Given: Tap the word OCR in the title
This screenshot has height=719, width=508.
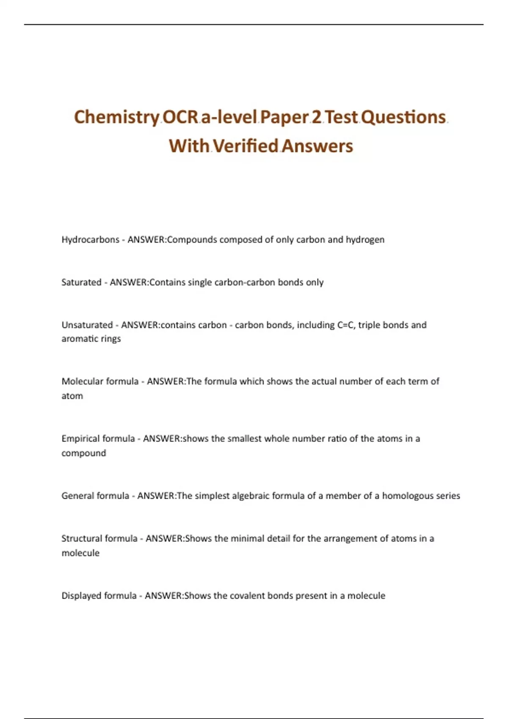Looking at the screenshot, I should tap(180, 117).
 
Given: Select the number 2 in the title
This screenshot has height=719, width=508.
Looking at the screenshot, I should tap(316, 117).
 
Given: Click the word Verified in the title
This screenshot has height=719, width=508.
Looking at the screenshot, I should tap(245, 146).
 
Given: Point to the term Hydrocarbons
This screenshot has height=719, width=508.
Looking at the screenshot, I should tap(90, 240).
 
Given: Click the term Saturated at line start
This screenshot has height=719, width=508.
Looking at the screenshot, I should tap(81, 283).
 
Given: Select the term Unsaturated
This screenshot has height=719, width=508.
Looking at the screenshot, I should tap(87, 325).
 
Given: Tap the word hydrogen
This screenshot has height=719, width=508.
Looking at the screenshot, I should tap(365, 240).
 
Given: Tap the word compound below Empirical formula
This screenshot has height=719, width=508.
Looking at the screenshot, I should tap(83, 453).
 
